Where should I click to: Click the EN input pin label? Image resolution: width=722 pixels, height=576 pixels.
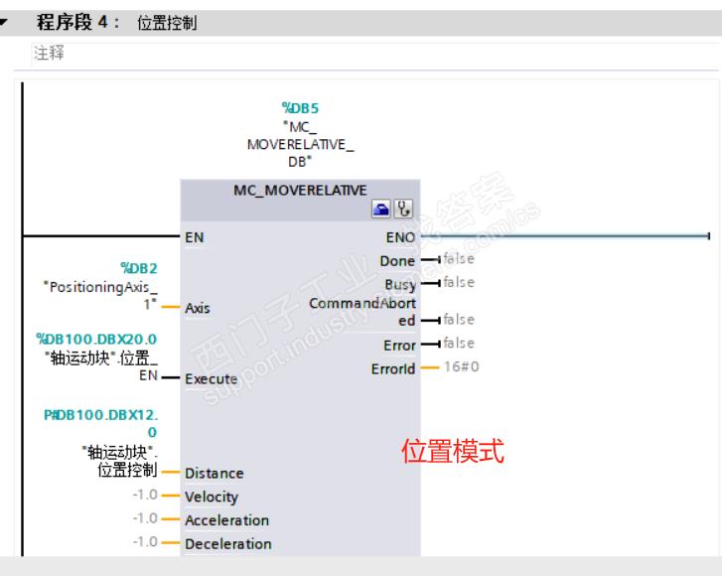point(195,237)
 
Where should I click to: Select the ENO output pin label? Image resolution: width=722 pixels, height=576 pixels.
point(400,237)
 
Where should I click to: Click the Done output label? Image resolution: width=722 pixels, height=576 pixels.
point(397,260)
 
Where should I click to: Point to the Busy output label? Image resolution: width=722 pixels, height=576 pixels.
point(399,284)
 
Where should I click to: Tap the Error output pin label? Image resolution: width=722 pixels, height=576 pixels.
point(398,345)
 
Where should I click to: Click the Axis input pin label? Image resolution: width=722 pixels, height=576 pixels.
point(198,308)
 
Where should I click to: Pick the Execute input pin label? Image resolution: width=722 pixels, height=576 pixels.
point(211,378)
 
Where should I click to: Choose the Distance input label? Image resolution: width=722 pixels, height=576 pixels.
point(214,474)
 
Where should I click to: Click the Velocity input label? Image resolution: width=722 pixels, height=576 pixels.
point(212,497)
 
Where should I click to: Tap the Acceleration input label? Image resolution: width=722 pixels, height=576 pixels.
point(226,520)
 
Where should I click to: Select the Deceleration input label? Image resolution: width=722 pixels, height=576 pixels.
point(227,544)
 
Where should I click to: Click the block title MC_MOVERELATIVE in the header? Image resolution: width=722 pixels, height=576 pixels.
point(300,191)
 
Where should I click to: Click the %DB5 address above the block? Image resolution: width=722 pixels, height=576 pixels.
point(300,107)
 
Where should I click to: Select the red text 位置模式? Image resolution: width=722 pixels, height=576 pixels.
point(452,453)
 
